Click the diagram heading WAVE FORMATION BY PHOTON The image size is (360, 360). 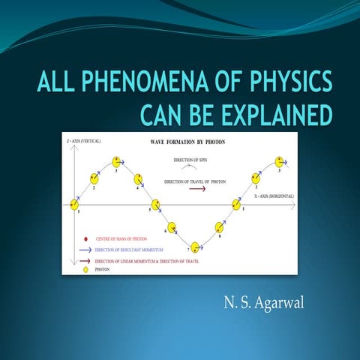(183, 141)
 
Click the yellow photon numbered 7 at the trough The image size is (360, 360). (196, 247)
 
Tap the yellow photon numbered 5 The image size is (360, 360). (155, 204)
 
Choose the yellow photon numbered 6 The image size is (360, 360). (171, 226)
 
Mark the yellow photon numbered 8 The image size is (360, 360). (220, 226)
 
